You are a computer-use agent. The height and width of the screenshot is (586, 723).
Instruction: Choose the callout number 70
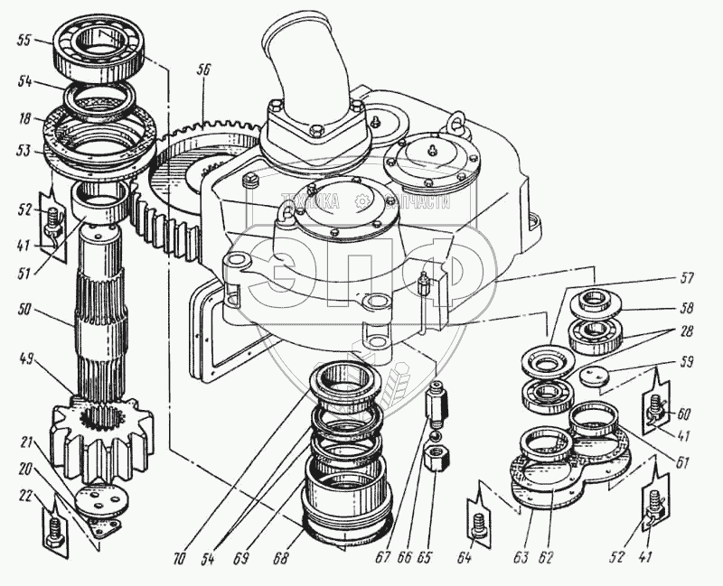179,560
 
